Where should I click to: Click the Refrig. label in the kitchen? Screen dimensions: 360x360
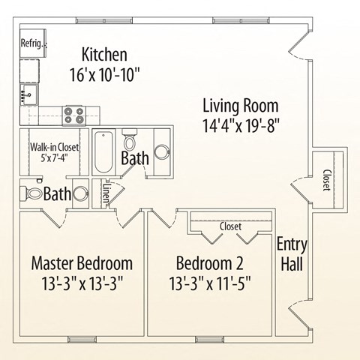point(33,43)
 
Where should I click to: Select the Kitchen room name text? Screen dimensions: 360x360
point(104,55)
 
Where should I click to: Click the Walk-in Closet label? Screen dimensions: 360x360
point(54,147)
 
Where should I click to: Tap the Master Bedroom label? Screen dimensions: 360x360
point(82,263)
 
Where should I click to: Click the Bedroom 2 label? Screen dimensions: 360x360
point(209,263)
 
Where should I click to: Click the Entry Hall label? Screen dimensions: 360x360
point(290,255)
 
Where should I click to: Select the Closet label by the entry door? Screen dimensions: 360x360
point(326,180)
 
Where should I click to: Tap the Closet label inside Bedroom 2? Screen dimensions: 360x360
point(229,226)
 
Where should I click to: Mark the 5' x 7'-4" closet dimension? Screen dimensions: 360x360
point(55,159)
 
